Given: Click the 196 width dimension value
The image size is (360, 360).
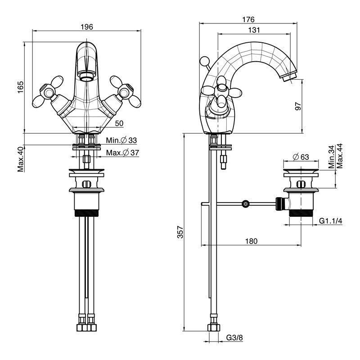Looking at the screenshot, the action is point(87,27).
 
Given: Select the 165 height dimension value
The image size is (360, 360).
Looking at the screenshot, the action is point(20,87).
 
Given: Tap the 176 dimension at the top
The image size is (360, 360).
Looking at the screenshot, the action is point(248,19).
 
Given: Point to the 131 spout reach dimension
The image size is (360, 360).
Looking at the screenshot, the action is point(254,30).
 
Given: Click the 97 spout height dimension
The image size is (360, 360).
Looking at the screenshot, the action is point(298,106).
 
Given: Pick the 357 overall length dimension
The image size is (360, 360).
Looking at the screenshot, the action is point(180,232).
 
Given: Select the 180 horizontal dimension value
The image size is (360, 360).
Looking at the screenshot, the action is point(251,241).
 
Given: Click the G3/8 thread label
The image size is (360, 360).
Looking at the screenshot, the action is point(234,338).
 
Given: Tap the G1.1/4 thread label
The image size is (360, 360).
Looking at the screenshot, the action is point(331,221).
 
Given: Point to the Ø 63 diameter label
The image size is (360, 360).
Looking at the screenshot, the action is point(301,157).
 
